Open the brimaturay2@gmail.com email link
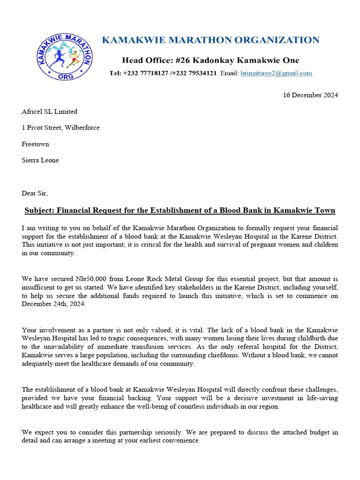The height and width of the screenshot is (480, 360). click(276, 73)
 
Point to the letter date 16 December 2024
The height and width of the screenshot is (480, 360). click(310, 95)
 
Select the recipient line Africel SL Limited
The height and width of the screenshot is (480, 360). click(49, 112)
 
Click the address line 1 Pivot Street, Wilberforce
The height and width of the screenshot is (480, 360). click(60, 127)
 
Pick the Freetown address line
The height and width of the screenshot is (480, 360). click(35, 144)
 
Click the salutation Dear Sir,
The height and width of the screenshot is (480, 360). click(35, 193)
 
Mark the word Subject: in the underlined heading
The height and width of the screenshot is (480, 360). click(40, 210)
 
